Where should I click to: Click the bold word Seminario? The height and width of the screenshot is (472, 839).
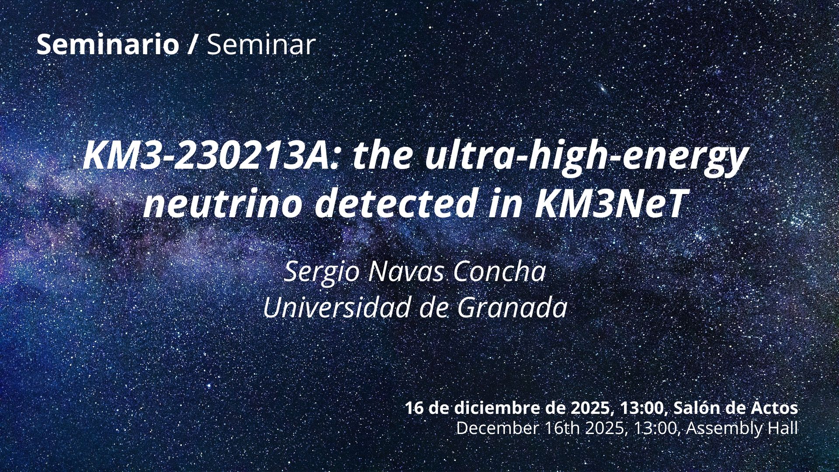click(x=107, y=44)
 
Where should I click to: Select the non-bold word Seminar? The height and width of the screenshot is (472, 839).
click(x=261, y=44)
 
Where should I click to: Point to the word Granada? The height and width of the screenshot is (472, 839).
click(x=512, y=308)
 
